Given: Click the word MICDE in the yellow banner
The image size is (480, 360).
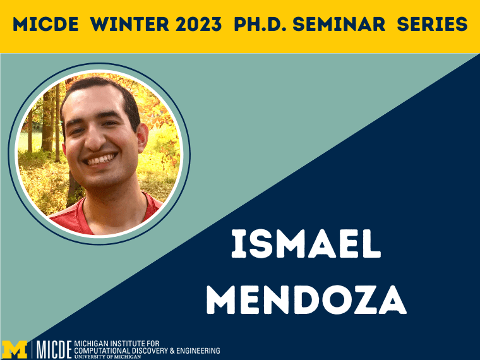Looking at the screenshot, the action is tap(45, 24).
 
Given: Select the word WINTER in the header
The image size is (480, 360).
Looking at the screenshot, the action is tap(129, 24).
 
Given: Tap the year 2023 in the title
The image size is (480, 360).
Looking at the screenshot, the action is tap(199, 24).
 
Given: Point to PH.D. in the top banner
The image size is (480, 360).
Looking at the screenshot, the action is tap(260, 24).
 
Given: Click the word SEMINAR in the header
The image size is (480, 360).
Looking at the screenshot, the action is tap(339, 24).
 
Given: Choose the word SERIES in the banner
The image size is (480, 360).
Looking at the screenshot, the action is tap(432, 24).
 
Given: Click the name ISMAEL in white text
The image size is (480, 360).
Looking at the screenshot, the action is tap(306, 244).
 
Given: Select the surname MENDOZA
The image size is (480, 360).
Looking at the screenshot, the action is tap(306, 300).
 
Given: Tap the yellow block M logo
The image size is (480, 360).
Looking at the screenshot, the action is tap(15, 349).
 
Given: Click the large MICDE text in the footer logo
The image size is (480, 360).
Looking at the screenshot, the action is tap(54, 349).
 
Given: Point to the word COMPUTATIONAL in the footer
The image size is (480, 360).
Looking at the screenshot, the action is tap(102, 351).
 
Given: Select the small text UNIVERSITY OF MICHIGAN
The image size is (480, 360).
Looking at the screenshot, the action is tap(107, 357).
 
